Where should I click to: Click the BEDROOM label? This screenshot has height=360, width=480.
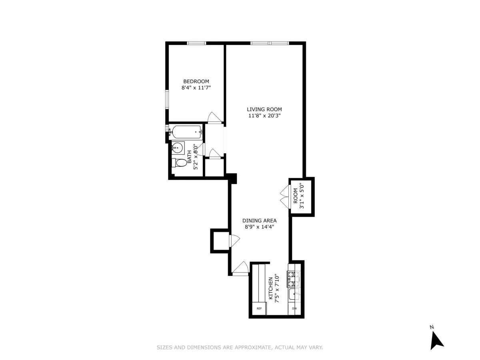(196, 81)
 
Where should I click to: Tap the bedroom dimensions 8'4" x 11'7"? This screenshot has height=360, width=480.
(196, 88)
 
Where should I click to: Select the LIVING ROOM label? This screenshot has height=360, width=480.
(264, 109)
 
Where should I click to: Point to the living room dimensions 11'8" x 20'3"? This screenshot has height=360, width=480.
(264, 116)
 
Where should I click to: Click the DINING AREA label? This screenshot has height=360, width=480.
(259, 220)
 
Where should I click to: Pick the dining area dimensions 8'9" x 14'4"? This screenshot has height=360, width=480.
(259, 227)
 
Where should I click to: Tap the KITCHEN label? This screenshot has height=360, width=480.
(271, 288)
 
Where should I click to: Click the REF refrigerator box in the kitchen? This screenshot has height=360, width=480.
(259, 308)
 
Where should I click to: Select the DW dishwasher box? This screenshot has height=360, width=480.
(294, 308)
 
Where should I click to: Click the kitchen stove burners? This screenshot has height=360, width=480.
(293, 279)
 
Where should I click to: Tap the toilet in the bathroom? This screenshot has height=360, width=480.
(180, 163)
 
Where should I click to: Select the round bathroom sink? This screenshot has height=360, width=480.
(177, 148)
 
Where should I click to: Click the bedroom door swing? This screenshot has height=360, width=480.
(214, 117)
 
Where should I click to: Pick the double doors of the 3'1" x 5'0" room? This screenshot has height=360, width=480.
(284, 197)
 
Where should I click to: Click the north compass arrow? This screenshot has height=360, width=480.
(436, 340)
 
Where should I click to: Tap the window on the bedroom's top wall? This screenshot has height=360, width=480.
(196, 43)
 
